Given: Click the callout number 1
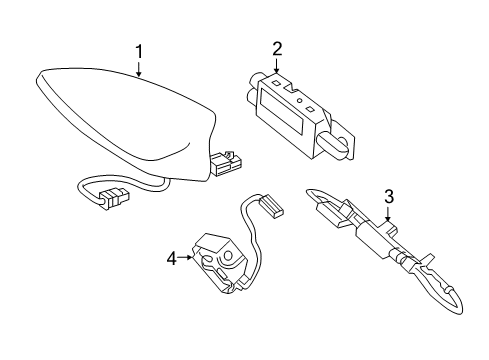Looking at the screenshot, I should click(x=140, y=49).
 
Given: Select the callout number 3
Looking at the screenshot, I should click(x=389, y=196).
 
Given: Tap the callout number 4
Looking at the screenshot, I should click(x=171, y=258).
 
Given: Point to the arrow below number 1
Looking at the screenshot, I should click(x=140, y=67).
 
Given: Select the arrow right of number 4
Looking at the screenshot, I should click(x=186, y=258).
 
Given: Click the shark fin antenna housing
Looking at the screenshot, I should click(x=120, y=115).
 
